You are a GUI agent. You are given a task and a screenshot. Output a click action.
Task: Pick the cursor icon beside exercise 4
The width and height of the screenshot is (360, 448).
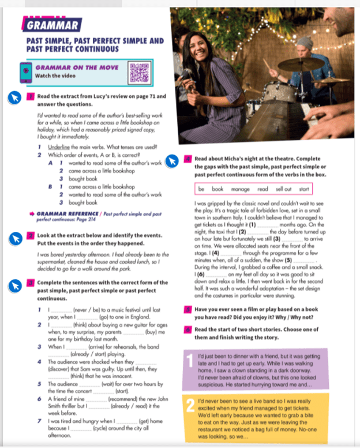pyautogui.click(x=171, y=161)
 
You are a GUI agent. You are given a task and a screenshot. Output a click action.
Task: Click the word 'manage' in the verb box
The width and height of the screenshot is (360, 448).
pyautogui.click(x=240, y=189)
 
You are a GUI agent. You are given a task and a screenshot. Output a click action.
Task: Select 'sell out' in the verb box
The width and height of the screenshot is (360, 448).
pyautogui.click(x=283, y=189)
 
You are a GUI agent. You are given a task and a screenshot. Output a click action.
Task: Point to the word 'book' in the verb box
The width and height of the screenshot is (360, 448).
pyautogui.click(x=217, y=189)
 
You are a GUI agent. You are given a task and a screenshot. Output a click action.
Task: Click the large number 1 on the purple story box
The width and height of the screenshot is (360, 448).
pyautogui.click(x=190, y=361)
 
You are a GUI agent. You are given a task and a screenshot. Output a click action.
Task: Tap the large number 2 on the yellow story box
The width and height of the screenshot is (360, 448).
pyautogui.click(x=190, y=407)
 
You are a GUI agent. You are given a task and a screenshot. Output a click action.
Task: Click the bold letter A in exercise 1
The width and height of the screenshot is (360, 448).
pyautogui.click(x=51, y=163)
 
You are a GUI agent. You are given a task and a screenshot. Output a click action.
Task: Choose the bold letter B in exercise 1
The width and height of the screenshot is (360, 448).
pyautogui.click(x=51, y=187)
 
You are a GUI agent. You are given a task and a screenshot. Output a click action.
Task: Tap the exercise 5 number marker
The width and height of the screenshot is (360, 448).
pyautogui.click(x=188, y=309)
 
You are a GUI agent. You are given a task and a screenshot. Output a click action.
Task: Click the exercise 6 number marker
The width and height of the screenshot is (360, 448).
pyautogui.click(x=188, y=329)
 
